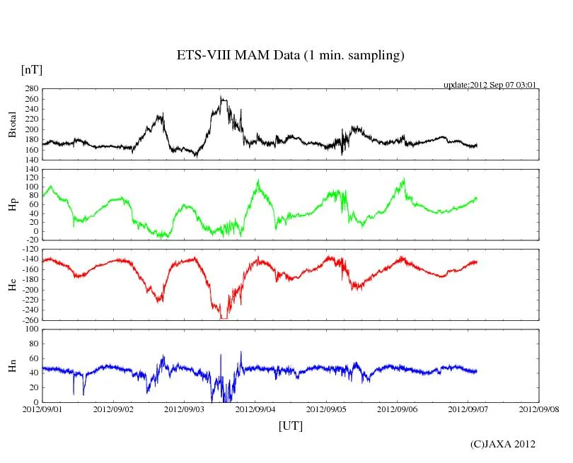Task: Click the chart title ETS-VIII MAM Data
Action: tap(290, 56)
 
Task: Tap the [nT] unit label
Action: tap(32, 69)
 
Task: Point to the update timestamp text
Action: tap(490, 85)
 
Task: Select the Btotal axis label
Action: tap(12, 124)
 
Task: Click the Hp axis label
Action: tap(12, 204)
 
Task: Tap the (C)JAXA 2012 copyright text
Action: tap(502, 444)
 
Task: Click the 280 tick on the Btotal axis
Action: tap(30, 90)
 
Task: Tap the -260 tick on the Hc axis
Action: tap(29, 320)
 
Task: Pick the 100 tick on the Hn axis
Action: tap(32, 329)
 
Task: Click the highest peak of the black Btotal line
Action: tap(221, 98)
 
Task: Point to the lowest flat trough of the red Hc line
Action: tap(224, 318)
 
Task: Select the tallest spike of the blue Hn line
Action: tap(241, 351)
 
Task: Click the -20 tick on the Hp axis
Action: tap(32, 240)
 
